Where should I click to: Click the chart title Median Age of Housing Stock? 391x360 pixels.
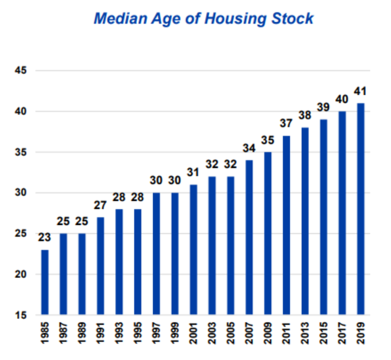coord(204,18)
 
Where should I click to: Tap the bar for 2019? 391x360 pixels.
coord(361,209)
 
